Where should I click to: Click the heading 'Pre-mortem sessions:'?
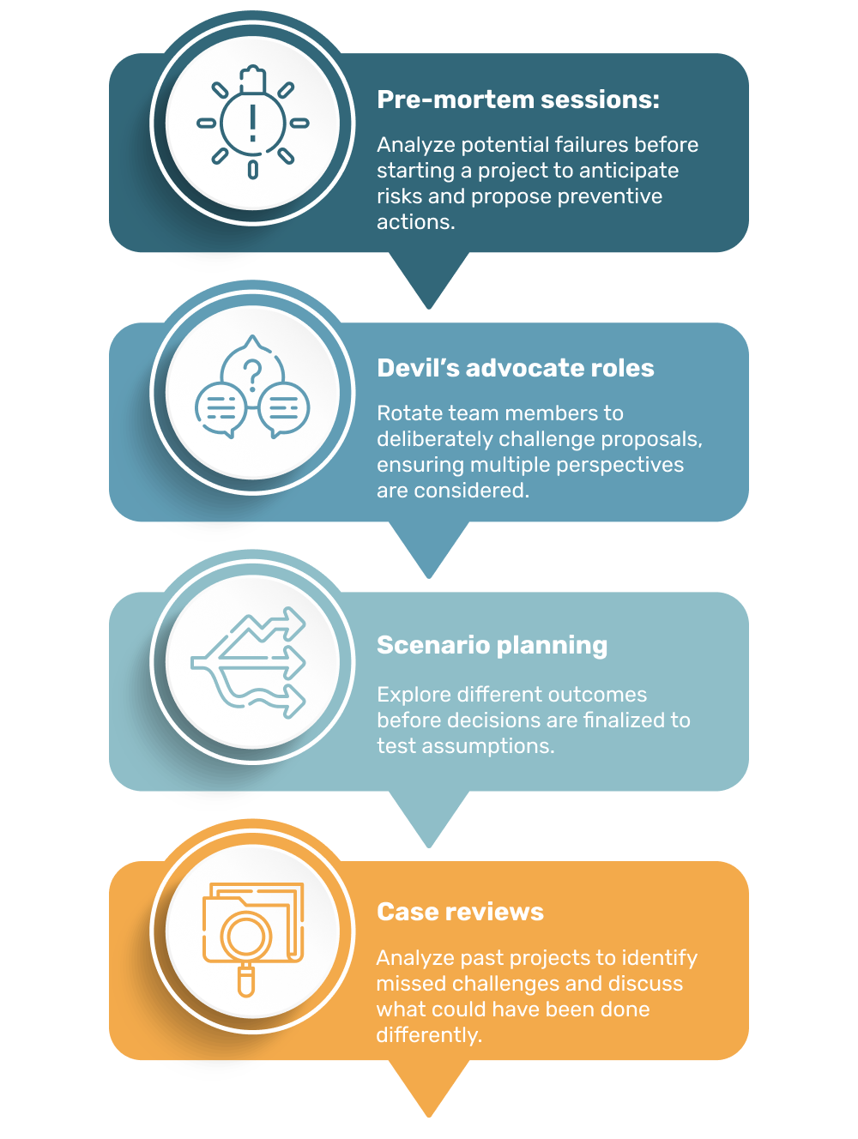pos(518,99)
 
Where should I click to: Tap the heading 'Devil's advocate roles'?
pos(515,368)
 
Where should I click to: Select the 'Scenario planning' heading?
pos(492,645)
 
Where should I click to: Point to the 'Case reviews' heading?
pos(460,912)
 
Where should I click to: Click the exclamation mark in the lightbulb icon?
pos(252,123)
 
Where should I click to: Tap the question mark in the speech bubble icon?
pos(252,375)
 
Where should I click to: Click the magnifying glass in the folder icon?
pos(246,939)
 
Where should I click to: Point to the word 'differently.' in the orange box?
pos(429,1035)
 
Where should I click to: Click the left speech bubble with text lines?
pos(221,408)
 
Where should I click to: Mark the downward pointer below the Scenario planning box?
pos(429,818)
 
